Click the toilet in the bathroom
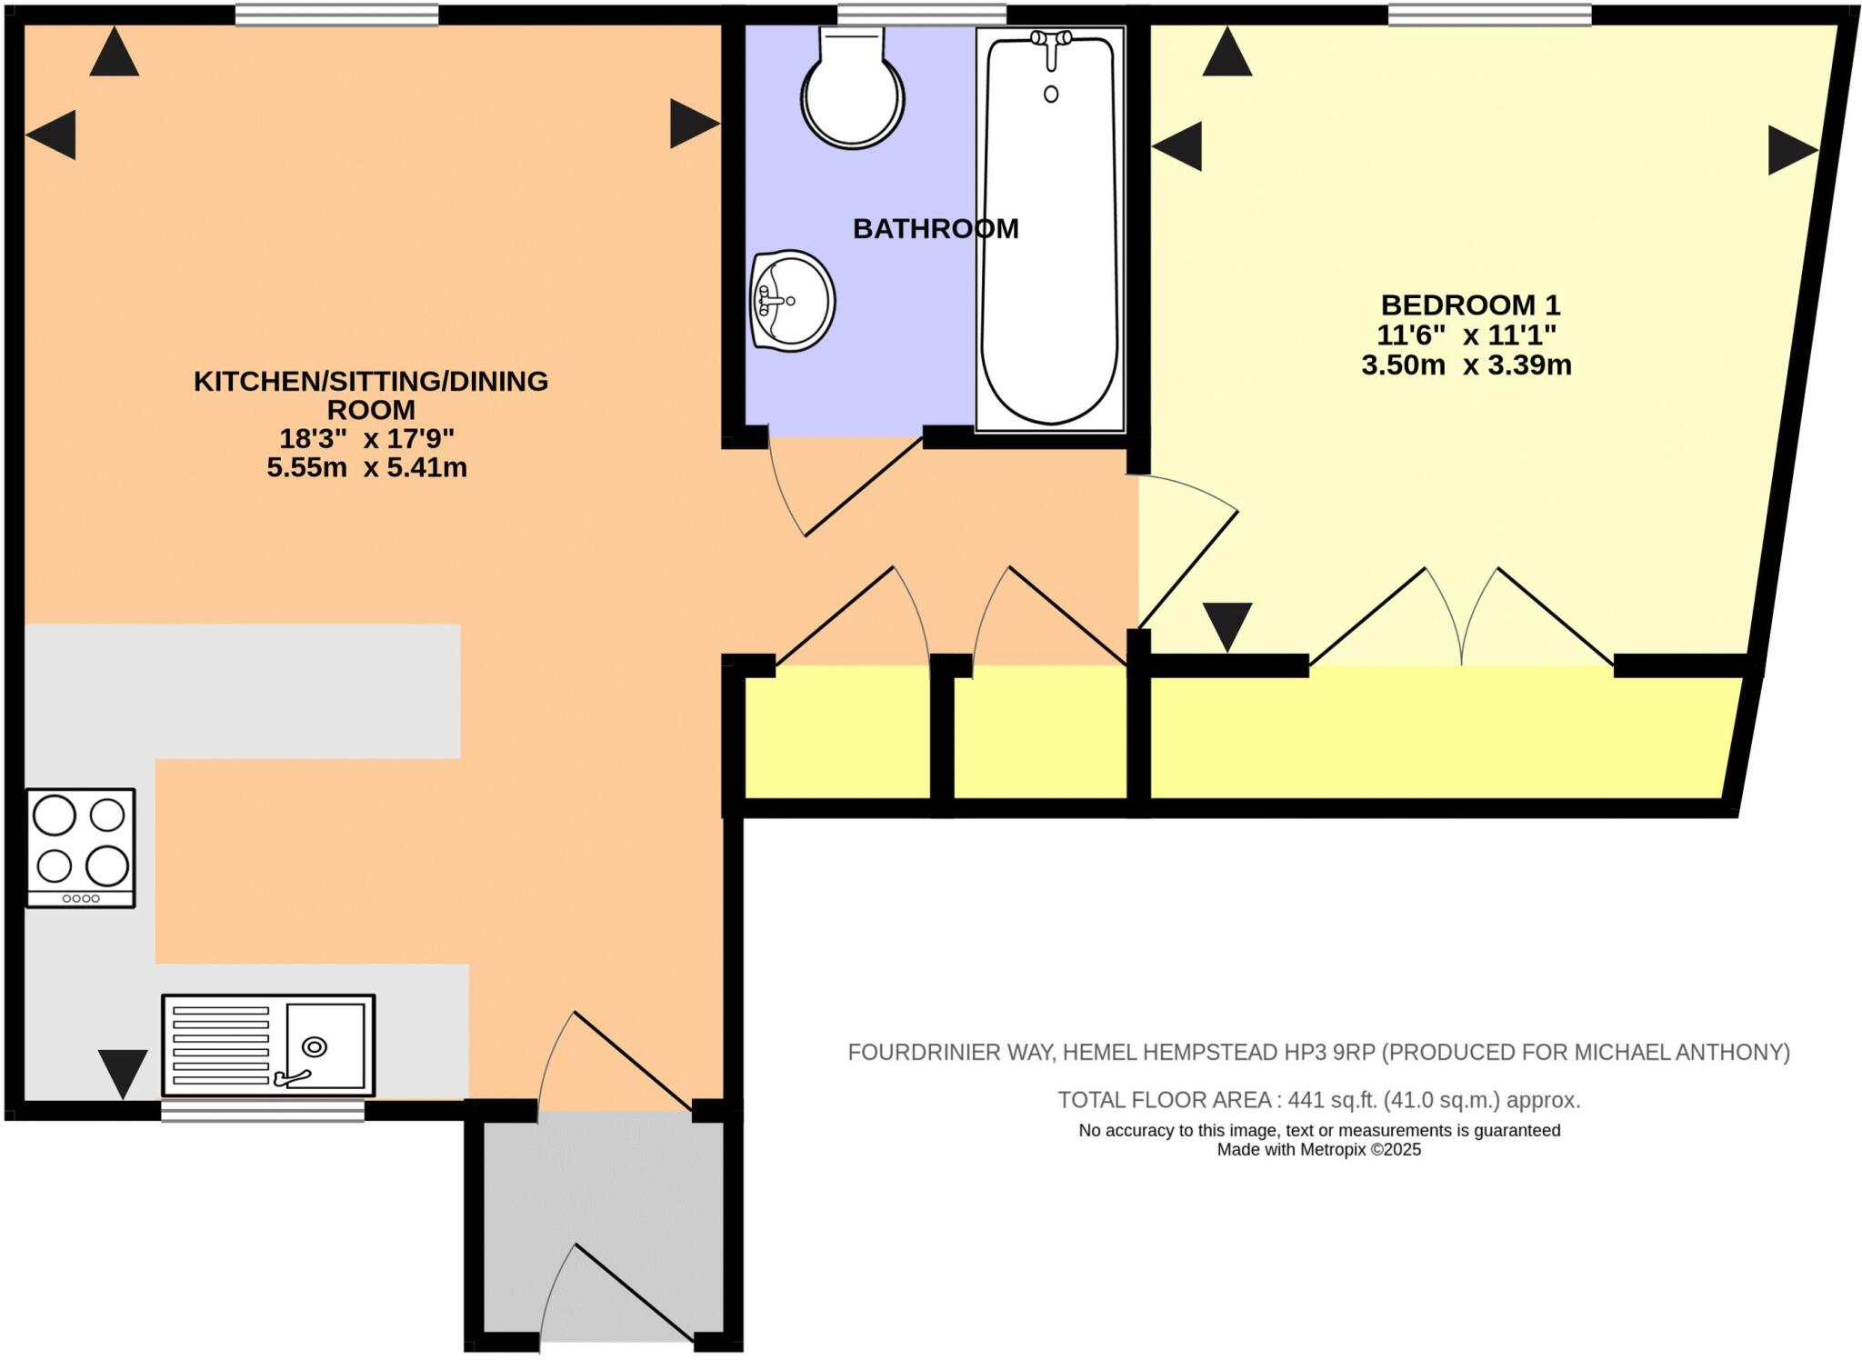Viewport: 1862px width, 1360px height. pos(852,91)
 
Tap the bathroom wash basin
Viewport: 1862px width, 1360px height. pos(792,300)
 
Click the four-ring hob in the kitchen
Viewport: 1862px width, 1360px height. pos(80,846)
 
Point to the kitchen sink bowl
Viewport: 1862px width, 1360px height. pos(325,1045)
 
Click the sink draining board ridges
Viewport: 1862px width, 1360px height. pos(221,1045)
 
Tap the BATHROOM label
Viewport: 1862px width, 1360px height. pos(935,229)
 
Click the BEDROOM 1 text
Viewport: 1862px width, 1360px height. pos(1470,305)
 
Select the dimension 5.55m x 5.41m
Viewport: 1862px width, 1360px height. pos(366,468)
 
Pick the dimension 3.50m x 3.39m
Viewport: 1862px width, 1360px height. pos(1466,365)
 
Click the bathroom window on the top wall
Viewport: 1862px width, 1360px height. pos(921,15)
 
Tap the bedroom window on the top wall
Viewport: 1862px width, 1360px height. pos(1489,15)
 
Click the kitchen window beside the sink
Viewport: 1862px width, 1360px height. pos(263,1110)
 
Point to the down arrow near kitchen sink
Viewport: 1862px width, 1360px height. pos(123,1073)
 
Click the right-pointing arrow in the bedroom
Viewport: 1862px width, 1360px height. pos(1791,150)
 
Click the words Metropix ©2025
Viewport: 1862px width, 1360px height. pos(1360,1150)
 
